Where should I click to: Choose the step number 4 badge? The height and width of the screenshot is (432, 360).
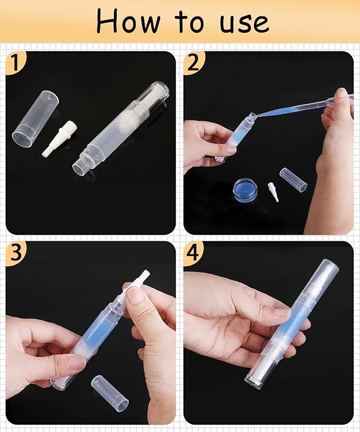[193, 253]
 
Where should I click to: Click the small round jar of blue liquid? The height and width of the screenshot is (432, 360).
[245, 189]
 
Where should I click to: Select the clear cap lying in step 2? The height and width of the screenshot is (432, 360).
[293, 179]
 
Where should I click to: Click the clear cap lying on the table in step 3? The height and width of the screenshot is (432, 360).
[110, 393]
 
